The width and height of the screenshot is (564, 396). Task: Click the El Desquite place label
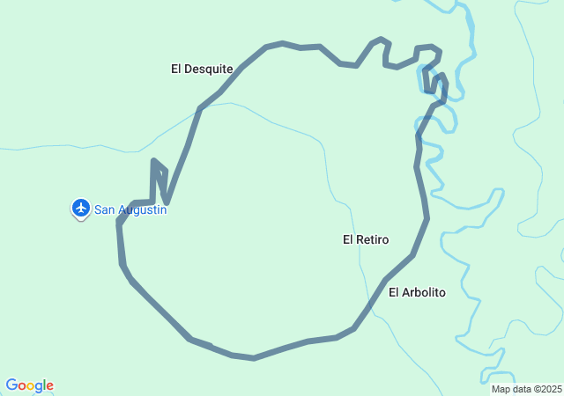[202, 69]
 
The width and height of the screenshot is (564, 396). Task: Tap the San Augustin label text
[130, 209]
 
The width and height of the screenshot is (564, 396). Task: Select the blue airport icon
[81, 209]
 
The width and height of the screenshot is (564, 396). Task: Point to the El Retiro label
[366, 239]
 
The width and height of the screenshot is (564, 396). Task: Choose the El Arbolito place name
[417, 292]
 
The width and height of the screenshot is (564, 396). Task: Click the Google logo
[29, 385]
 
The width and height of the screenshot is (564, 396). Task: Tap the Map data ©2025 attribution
[526, 389]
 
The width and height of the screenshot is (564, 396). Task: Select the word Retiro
[373, 239]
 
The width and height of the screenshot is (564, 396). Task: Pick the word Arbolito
[424, 292]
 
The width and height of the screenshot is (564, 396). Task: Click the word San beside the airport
[105, 209]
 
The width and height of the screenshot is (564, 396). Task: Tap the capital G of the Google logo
[11, 385]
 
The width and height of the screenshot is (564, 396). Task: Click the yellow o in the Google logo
[31, 386]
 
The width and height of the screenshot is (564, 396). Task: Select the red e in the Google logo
[49, 386]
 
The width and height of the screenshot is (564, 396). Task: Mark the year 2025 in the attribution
[551, 389]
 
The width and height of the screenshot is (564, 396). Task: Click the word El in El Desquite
[176, 69]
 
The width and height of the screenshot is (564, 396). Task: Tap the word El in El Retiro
[348, 239]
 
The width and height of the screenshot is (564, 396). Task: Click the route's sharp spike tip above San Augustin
[154, 161]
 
